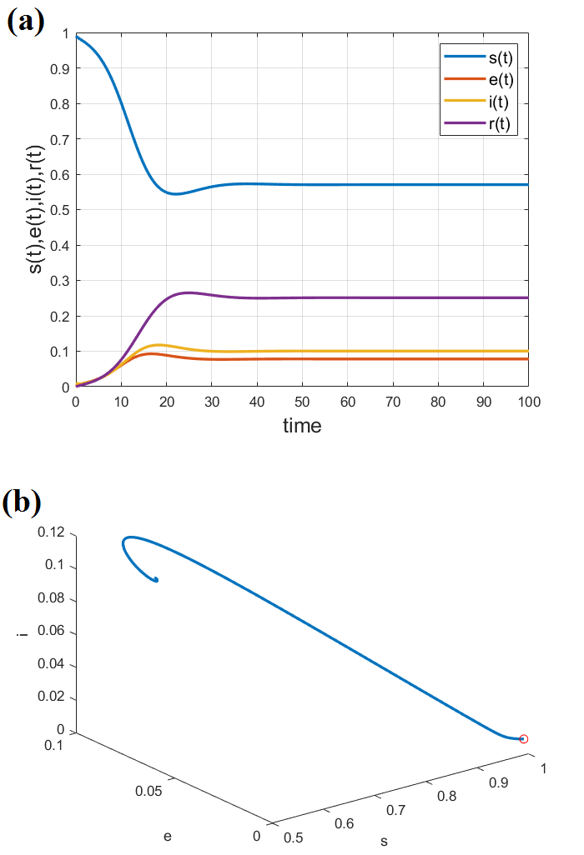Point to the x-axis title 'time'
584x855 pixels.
coord(302,426)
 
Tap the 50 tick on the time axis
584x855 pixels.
coord(302,402)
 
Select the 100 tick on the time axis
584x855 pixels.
coord(527,402)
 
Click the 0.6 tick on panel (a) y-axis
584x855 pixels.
coord(59,174)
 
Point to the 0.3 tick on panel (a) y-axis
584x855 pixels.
coord(59,281)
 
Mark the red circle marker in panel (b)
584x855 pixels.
coord(524,738)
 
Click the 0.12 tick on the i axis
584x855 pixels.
coord(53,533)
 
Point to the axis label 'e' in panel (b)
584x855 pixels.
coord(168,834)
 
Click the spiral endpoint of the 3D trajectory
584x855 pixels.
coord(156,580)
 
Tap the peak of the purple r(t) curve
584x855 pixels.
coord(188,292)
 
